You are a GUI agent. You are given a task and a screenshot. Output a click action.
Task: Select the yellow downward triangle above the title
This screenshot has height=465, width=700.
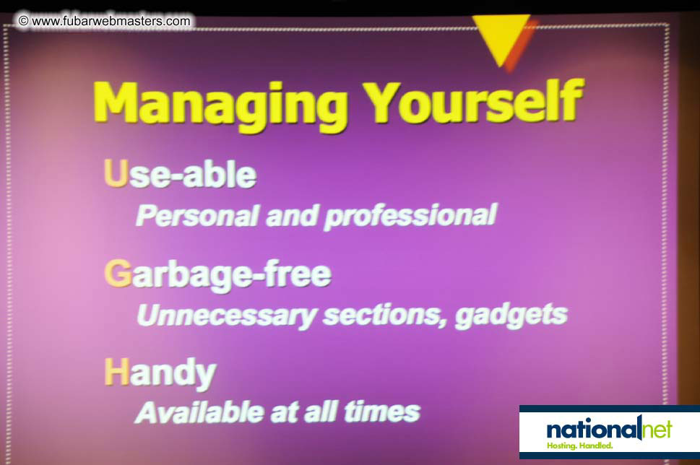501,38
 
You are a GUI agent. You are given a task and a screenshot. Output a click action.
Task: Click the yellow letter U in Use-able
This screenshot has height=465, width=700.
116,175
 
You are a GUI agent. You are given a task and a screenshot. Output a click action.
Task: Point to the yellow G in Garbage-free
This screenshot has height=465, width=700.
116,274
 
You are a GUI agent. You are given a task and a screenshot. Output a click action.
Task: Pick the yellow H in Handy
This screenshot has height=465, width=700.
116,373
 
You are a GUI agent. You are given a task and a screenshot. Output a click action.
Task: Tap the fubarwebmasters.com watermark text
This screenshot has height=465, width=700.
111,21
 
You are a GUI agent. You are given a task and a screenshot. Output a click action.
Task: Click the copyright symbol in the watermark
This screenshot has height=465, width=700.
24,21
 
